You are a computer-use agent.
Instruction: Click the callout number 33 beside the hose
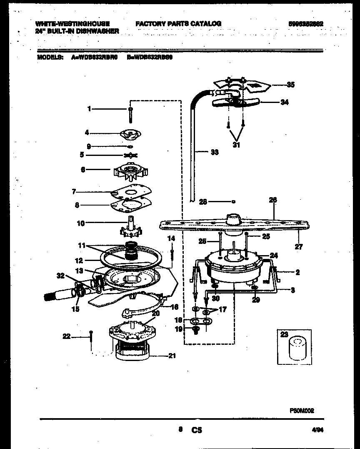tap(214, 153)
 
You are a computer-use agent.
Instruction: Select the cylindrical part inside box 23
tap(295, 349)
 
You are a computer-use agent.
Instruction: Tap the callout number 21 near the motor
tap(172, 356)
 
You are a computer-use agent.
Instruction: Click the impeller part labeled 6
tap(130, 171)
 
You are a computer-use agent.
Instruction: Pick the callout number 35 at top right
tap(290, 85)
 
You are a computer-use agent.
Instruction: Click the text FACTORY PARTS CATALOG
tap(178, 24)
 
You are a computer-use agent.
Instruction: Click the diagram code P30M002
tap(302, 411)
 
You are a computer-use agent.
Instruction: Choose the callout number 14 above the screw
tap(171, 238)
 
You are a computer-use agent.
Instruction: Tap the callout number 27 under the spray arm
tap(298, 246)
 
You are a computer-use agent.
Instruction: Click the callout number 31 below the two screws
tap(236, 145)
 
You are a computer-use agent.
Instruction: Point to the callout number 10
tap(80, 223)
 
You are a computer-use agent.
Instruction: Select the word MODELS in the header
tap(50, 58)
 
